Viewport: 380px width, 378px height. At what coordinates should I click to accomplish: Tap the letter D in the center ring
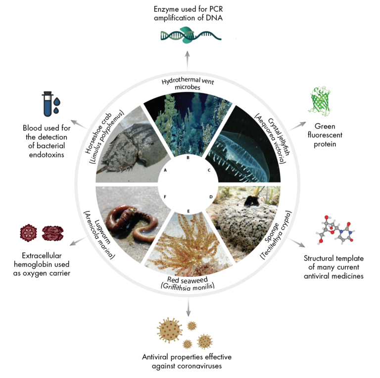click(211, 197)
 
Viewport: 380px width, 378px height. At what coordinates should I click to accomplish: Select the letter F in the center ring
click(165, 197)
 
